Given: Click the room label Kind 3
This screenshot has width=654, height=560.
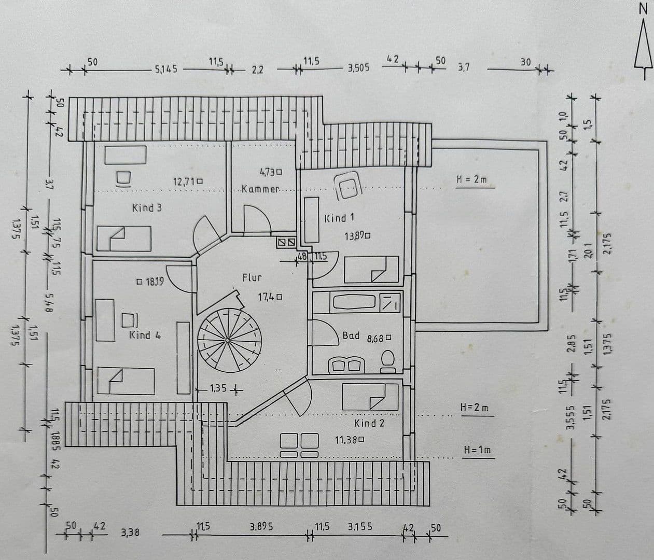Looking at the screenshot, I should tap(147, 208).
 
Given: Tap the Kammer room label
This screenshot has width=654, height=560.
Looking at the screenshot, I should tap(260, 189).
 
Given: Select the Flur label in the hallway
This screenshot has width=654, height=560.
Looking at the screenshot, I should tap(252, 278).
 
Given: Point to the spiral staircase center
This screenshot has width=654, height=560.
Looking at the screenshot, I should tap(228, 340).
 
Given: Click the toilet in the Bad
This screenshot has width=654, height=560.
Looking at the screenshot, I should tap(387, 361).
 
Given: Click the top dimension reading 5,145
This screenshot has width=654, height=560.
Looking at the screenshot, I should tap(166, 69).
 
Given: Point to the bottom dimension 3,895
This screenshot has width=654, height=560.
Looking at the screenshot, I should tap(261, 526).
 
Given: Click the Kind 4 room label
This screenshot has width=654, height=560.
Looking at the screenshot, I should tap(145, 335).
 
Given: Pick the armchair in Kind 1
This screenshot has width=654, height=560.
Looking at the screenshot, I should tap(347, 185).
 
